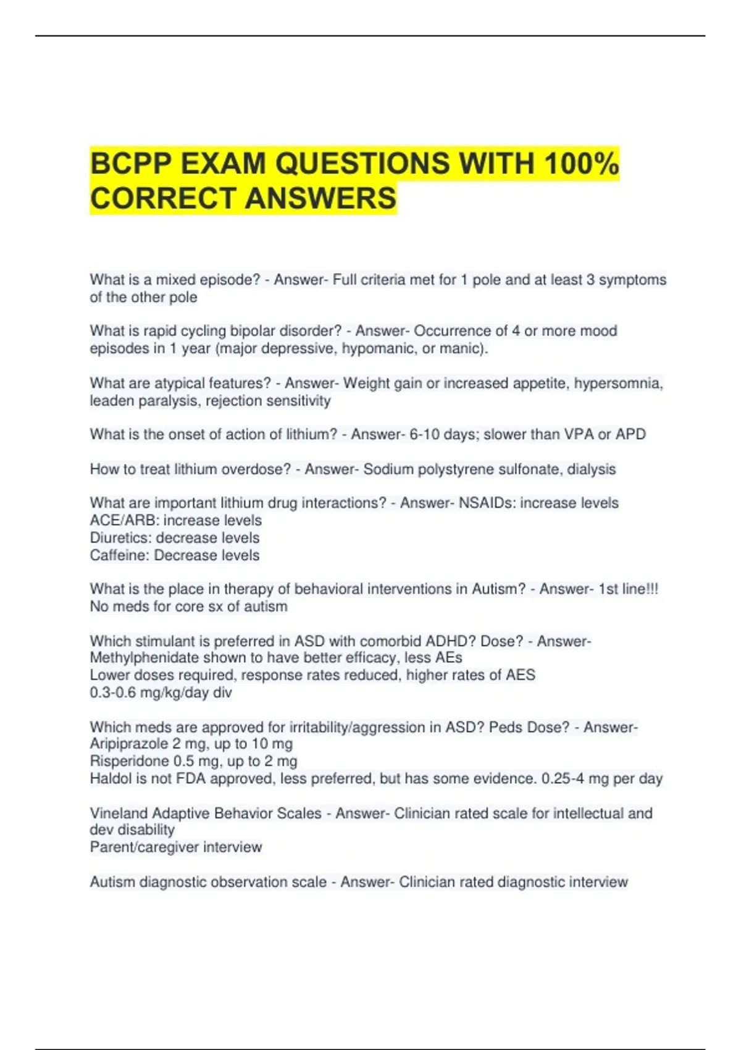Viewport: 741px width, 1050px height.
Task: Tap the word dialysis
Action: pos(592,469)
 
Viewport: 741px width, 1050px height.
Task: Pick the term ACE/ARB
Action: pos(124,521)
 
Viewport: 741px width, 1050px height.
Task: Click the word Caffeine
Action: pos(119,555)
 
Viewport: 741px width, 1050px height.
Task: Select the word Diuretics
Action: pos(120,538)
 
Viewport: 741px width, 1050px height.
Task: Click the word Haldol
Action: pos(111,779)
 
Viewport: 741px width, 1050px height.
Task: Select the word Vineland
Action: pos(118,813)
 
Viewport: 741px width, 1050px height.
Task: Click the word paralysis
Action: pos(170,401)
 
